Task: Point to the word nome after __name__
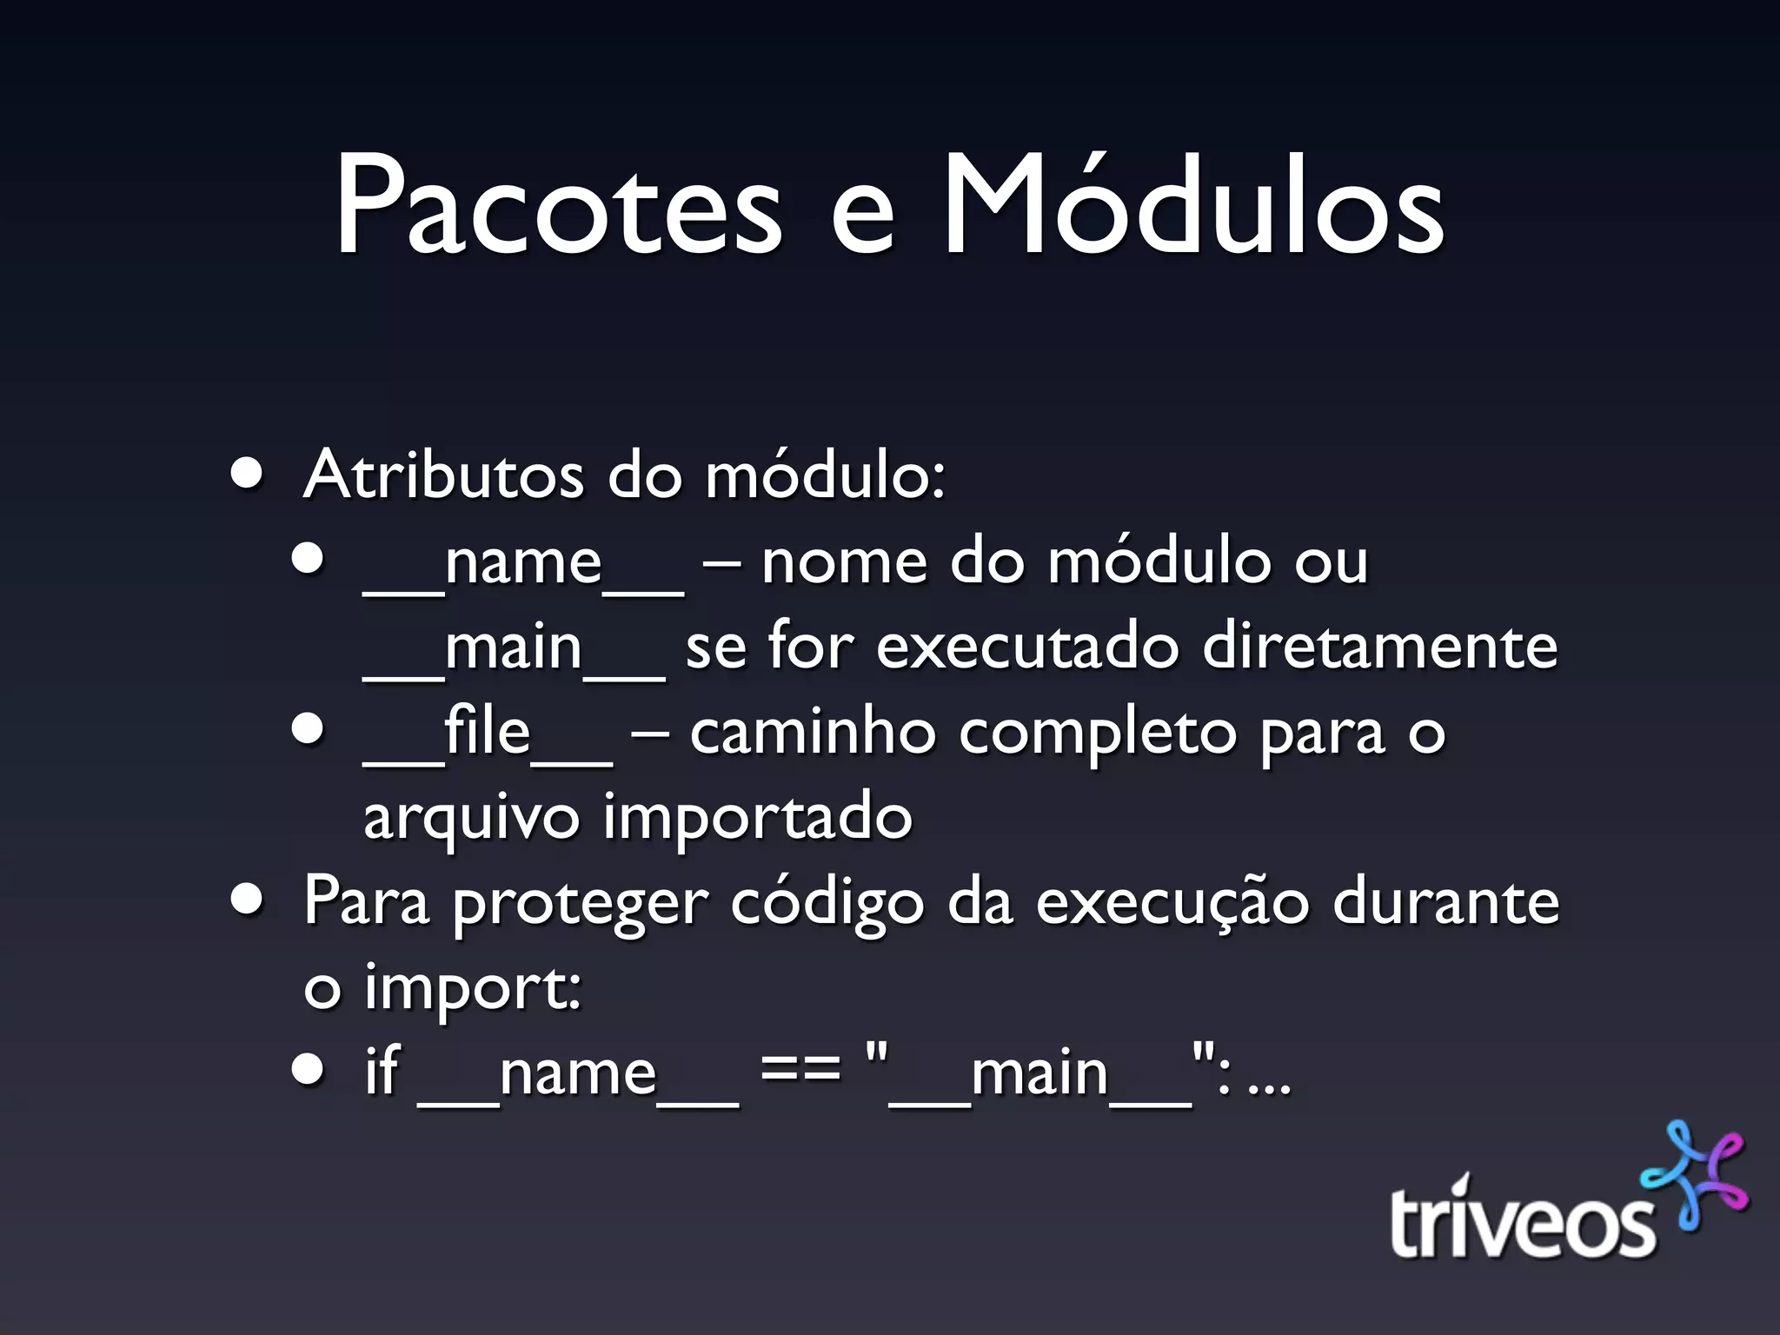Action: (x=844, y=562)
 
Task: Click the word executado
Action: (x=1026, y=648)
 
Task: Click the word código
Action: (x=827, y=904)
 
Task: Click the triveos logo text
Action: (x=1521, y=1221)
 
